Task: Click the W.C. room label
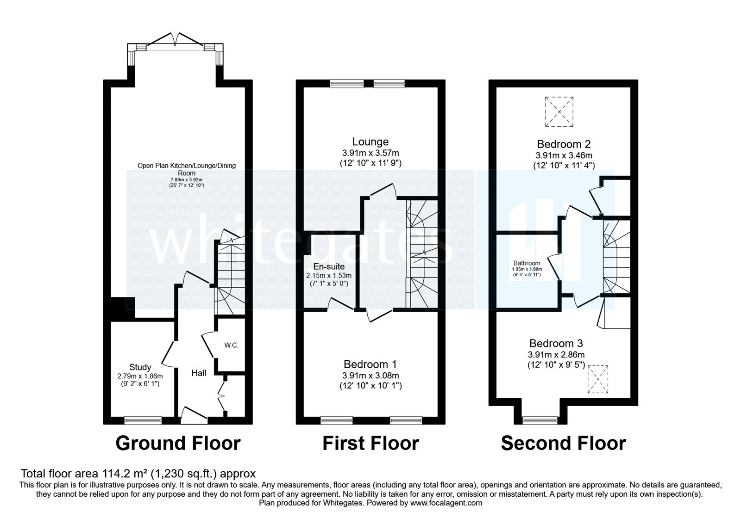coord(232,345)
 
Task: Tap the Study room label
coord(140,367)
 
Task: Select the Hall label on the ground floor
coord(199,373)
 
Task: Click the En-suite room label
coord(329,267)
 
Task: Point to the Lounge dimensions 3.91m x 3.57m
coord(370,153)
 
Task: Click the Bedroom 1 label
coord(370,364)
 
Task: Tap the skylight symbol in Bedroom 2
coord(559,112)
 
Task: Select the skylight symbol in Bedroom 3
coord(598,379)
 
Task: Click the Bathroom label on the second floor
coord(527,263)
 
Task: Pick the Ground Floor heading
coord(178,443)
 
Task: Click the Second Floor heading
coord(563,443)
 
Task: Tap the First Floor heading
coord(370,443)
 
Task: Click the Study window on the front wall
coord(143,420)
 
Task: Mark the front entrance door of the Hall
coord(194,415)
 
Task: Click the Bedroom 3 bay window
coord(540,420)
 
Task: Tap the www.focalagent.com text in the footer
coord(446,503)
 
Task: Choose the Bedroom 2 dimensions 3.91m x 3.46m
coord(564,155)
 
